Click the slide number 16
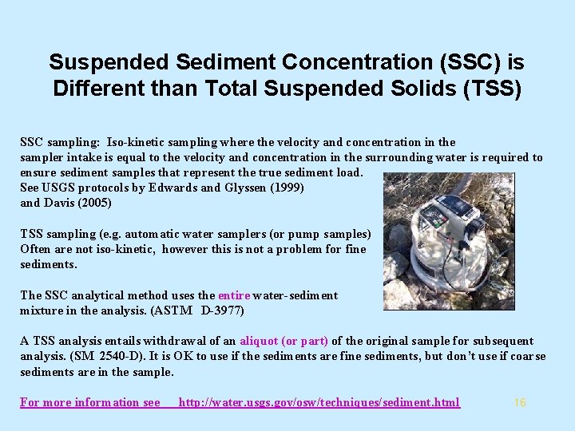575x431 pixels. click(520, 402)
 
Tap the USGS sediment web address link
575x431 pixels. click(319, 402)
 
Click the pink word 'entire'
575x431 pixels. click(234, 295)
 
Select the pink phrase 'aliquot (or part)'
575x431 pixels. click(284, 341)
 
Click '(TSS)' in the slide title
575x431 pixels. click(492, 88)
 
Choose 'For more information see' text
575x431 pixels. click(90, 402)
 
